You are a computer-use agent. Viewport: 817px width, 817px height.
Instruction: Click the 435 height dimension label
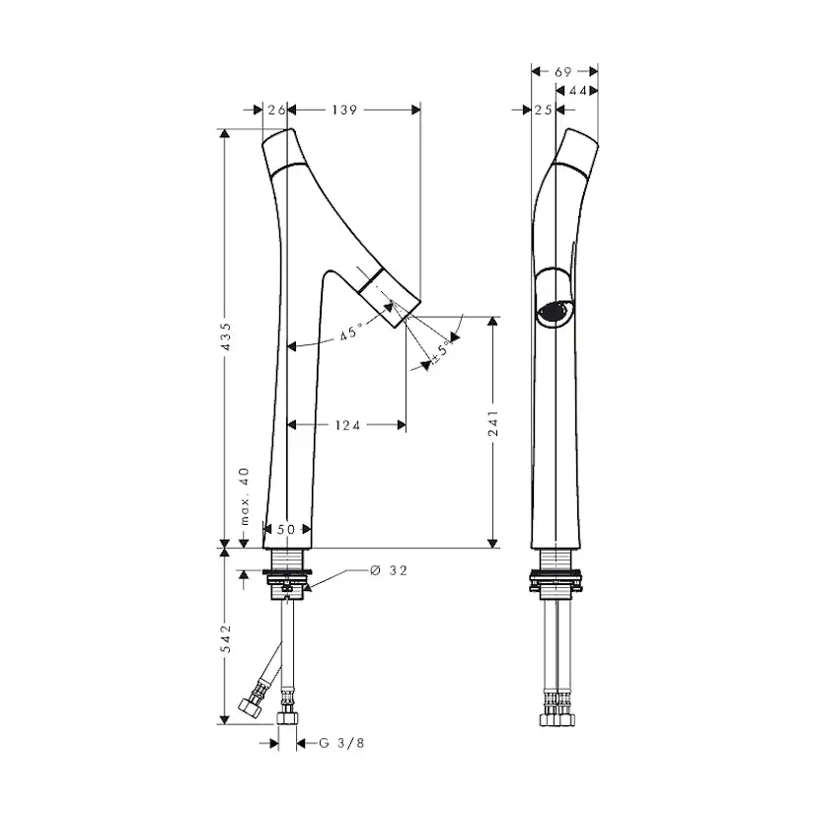[226, 336]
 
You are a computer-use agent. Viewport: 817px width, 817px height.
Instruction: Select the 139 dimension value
[344, 110]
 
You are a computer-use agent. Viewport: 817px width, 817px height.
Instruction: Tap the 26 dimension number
[276, 110]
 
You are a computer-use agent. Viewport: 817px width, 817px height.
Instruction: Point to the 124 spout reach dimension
[347, 425]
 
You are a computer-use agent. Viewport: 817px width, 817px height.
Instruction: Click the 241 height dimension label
[493, 423]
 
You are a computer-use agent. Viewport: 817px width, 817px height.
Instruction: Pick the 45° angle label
[351, 332]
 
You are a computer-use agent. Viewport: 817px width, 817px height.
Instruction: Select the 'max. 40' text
[244, 496]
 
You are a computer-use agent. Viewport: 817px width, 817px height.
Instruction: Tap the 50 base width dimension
[286, 530]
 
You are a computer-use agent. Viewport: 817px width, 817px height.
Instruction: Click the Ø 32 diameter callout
[389, 570]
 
